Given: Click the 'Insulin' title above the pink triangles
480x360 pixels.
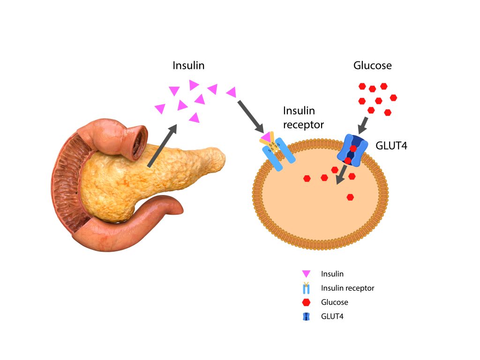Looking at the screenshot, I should tap(188, 65).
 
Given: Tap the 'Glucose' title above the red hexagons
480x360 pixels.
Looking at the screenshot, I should tap(372, 66).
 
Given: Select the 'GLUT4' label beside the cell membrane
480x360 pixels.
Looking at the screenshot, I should tap(391, 146).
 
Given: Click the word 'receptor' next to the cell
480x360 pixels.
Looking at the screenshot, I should tap(303, 125).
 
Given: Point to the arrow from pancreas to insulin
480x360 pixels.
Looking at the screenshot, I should tap(162, 146).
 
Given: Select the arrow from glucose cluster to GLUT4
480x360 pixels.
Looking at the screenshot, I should tap(365, 125).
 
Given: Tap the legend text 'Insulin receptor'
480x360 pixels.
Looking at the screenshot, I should tap(347, 288).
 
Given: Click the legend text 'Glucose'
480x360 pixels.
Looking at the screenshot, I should tap(334, 302).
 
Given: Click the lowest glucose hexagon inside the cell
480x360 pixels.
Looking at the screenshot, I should tap(350, 197).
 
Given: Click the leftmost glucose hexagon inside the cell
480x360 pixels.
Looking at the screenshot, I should tap(307, 178).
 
